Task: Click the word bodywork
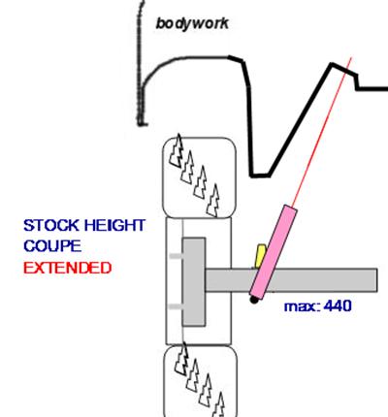pyautogui.click(x=192, y=23)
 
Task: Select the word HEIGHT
pyautogui.click(x=114, y=225)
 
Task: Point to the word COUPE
pyautogui.click(x=52, y=246)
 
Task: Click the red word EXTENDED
pyautogui.click(x=68, y=268)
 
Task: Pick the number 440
pyautogui.click(x=338, y=305)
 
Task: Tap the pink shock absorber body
pyautogui.click(x=274, y=251)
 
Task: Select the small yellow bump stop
pyautogui.click(x=260, y=256)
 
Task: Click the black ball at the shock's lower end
pyautogui.click(x=254, y=300)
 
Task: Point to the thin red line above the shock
pyautogui.click(x=322, y=131)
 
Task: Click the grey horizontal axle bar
pyautogui.click(x=291, y=280)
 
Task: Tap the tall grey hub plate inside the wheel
pyautogui.click(x=194, y=281)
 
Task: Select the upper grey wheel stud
pyautogui.click(x=176, y=256)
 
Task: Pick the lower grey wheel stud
pyautogui.click(x=176, y=306)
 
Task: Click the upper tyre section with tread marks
pyautogui.click(x=200, y=177)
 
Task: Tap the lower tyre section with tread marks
pyautogui.click(x=201, y=381)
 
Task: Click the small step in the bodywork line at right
pyautogui.click(x=357, y=81)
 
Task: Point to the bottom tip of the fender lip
pyautogui.click(x=142, y=124)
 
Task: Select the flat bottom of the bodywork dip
pyautogui.click(x=260, y=176)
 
